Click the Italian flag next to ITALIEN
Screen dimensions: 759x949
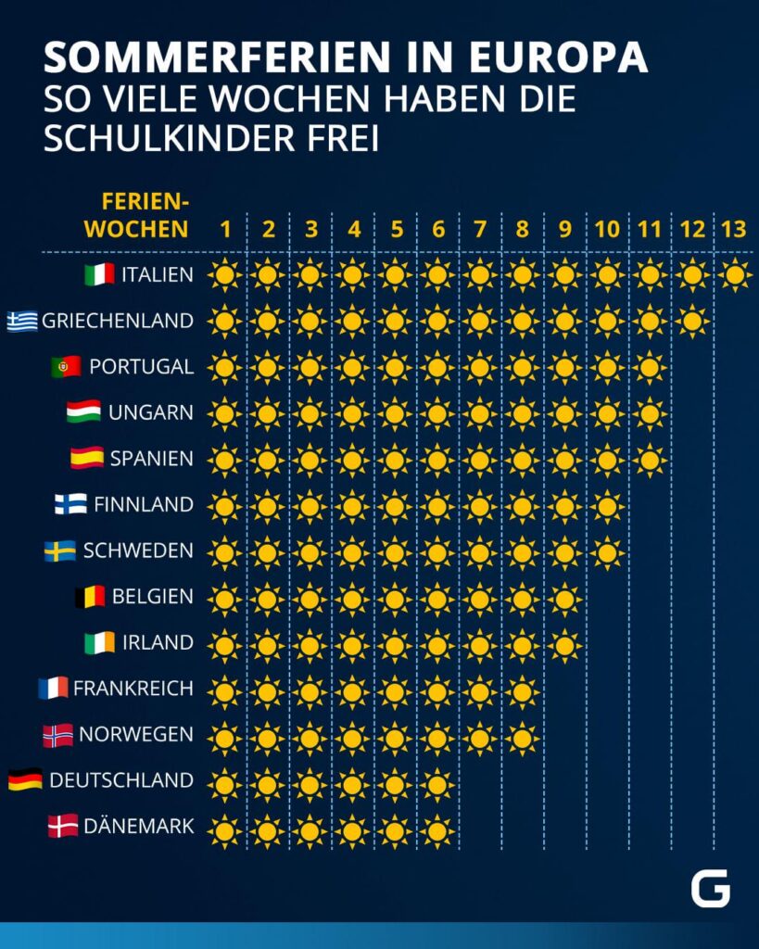click(99, 274)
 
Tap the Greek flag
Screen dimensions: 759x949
click(22, 321)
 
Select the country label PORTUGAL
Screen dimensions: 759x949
click(142, 367)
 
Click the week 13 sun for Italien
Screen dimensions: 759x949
click(736, 274)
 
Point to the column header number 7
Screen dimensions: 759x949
click(480, 230)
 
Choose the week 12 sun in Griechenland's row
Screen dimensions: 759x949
click(692, 321)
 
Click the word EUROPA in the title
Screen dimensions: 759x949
click(559, 58)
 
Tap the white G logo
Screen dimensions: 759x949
click(711, 889)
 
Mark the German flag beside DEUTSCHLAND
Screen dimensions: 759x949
click(25, 779)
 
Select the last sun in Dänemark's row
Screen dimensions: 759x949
click(437, 831)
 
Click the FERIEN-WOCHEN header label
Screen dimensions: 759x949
click(137, 215)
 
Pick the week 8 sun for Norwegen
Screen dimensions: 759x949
click(523, 739)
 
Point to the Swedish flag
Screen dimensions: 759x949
click(60, 550)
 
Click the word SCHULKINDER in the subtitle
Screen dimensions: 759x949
click(169, 138)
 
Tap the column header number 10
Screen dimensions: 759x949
click(607, 230)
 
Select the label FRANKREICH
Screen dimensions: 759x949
click(133, 689)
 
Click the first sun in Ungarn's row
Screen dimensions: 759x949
click(224, 414)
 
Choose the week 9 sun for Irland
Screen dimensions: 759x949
click(564, 646)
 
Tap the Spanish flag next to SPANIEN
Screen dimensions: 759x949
click(87, 458)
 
